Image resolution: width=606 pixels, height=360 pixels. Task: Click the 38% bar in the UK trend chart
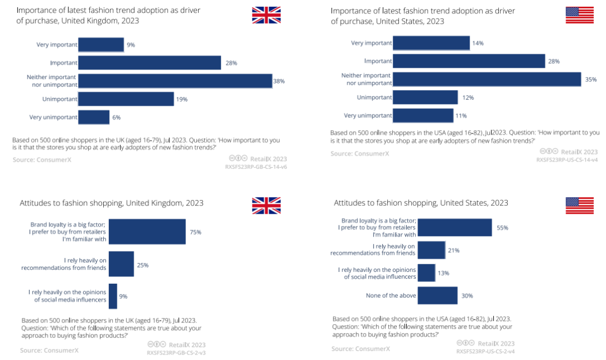[175, 81]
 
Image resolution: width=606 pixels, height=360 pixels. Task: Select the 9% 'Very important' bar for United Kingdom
[101, 45]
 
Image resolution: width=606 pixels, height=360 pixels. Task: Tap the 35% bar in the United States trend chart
[486, 79]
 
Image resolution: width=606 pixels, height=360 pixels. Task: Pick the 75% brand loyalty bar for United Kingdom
[147, 232]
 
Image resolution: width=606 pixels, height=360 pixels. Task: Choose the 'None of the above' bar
[438, 296]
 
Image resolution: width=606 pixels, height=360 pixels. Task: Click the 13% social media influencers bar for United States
[426, 273]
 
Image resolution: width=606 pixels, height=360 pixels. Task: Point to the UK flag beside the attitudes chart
[266, 205]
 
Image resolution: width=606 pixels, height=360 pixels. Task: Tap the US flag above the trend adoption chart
[580, 15]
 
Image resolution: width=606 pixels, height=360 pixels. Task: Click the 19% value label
[182, 99]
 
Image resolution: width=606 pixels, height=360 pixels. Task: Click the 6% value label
[116, 117]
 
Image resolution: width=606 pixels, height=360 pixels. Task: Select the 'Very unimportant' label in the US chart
[368, 116]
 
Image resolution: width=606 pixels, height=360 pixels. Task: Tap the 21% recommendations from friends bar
[431, 250]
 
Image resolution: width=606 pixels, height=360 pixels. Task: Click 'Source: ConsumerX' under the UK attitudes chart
[49, 350]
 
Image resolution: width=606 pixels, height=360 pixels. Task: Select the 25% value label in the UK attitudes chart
[143, 265]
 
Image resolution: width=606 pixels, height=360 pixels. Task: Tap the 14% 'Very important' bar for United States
[431, 43]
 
